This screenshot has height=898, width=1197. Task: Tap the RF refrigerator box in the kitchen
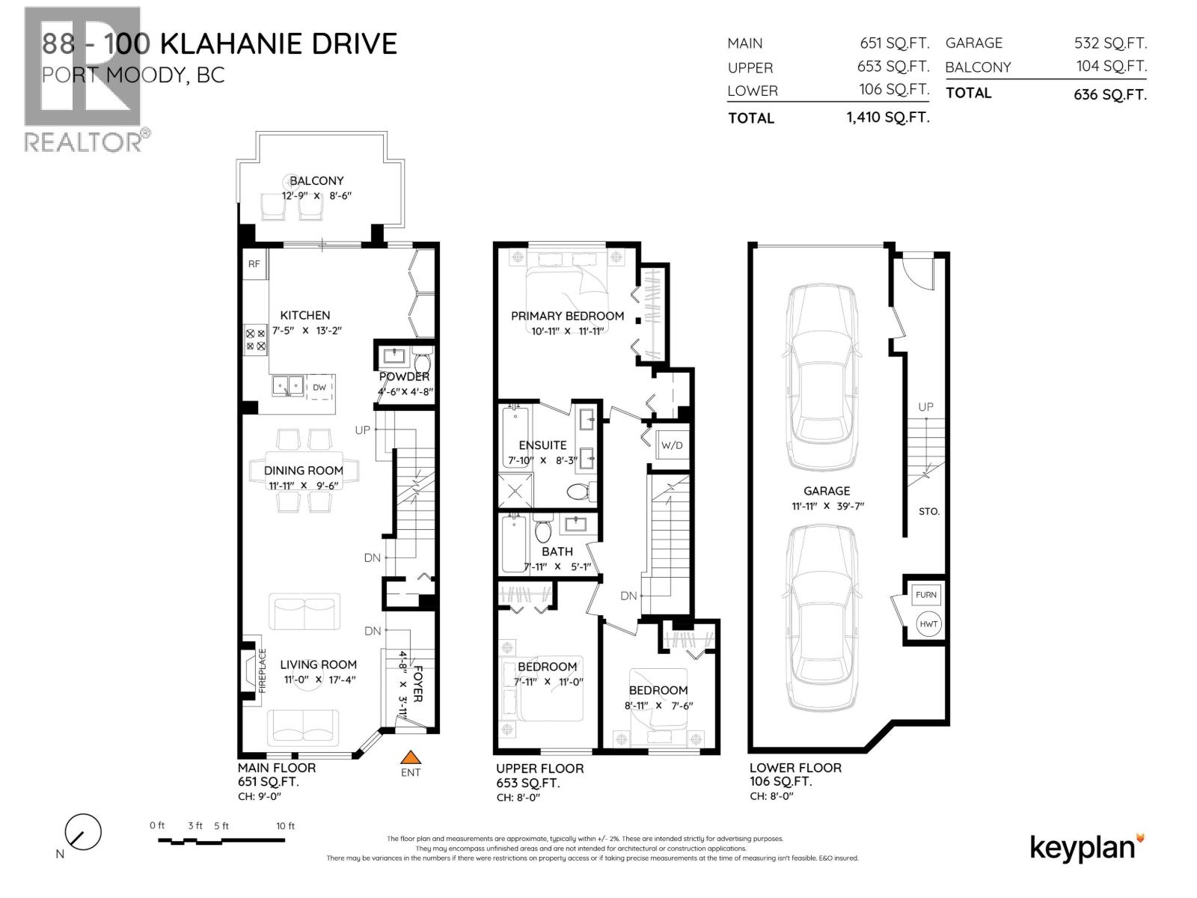(x=254, y=264)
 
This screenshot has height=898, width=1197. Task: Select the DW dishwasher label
(x=319, y=387)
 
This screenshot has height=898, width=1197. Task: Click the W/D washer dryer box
(x=672, y=445)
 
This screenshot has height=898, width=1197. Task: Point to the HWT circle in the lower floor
(x=928, y=624)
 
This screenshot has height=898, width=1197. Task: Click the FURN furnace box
(x=926, y=595)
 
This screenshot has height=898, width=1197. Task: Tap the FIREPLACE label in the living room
(x=263, y=671)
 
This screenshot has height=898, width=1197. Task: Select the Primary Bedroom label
(x=567, y=316)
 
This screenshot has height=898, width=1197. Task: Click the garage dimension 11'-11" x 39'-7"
(x=827, y=506)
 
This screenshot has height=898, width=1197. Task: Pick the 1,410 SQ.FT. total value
(x=888, y=117)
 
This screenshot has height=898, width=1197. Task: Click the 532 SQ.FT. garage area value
(x=1110, y=43)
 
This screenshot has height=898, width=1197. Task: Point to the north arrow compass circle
(x=83, y=831)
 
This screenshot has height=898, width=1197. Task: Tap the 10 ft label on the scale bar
(x=285, y=826)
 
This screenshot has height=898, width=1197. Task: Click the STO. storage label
(x=928, y=511)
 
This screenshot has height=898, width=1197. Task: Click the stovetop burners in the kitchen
(x=255, y=340)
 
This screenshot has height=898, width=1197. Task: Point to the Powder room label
(x=404, y=376)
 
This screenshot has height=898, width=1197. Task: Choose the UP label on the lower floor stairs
(x=925, y=407)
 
